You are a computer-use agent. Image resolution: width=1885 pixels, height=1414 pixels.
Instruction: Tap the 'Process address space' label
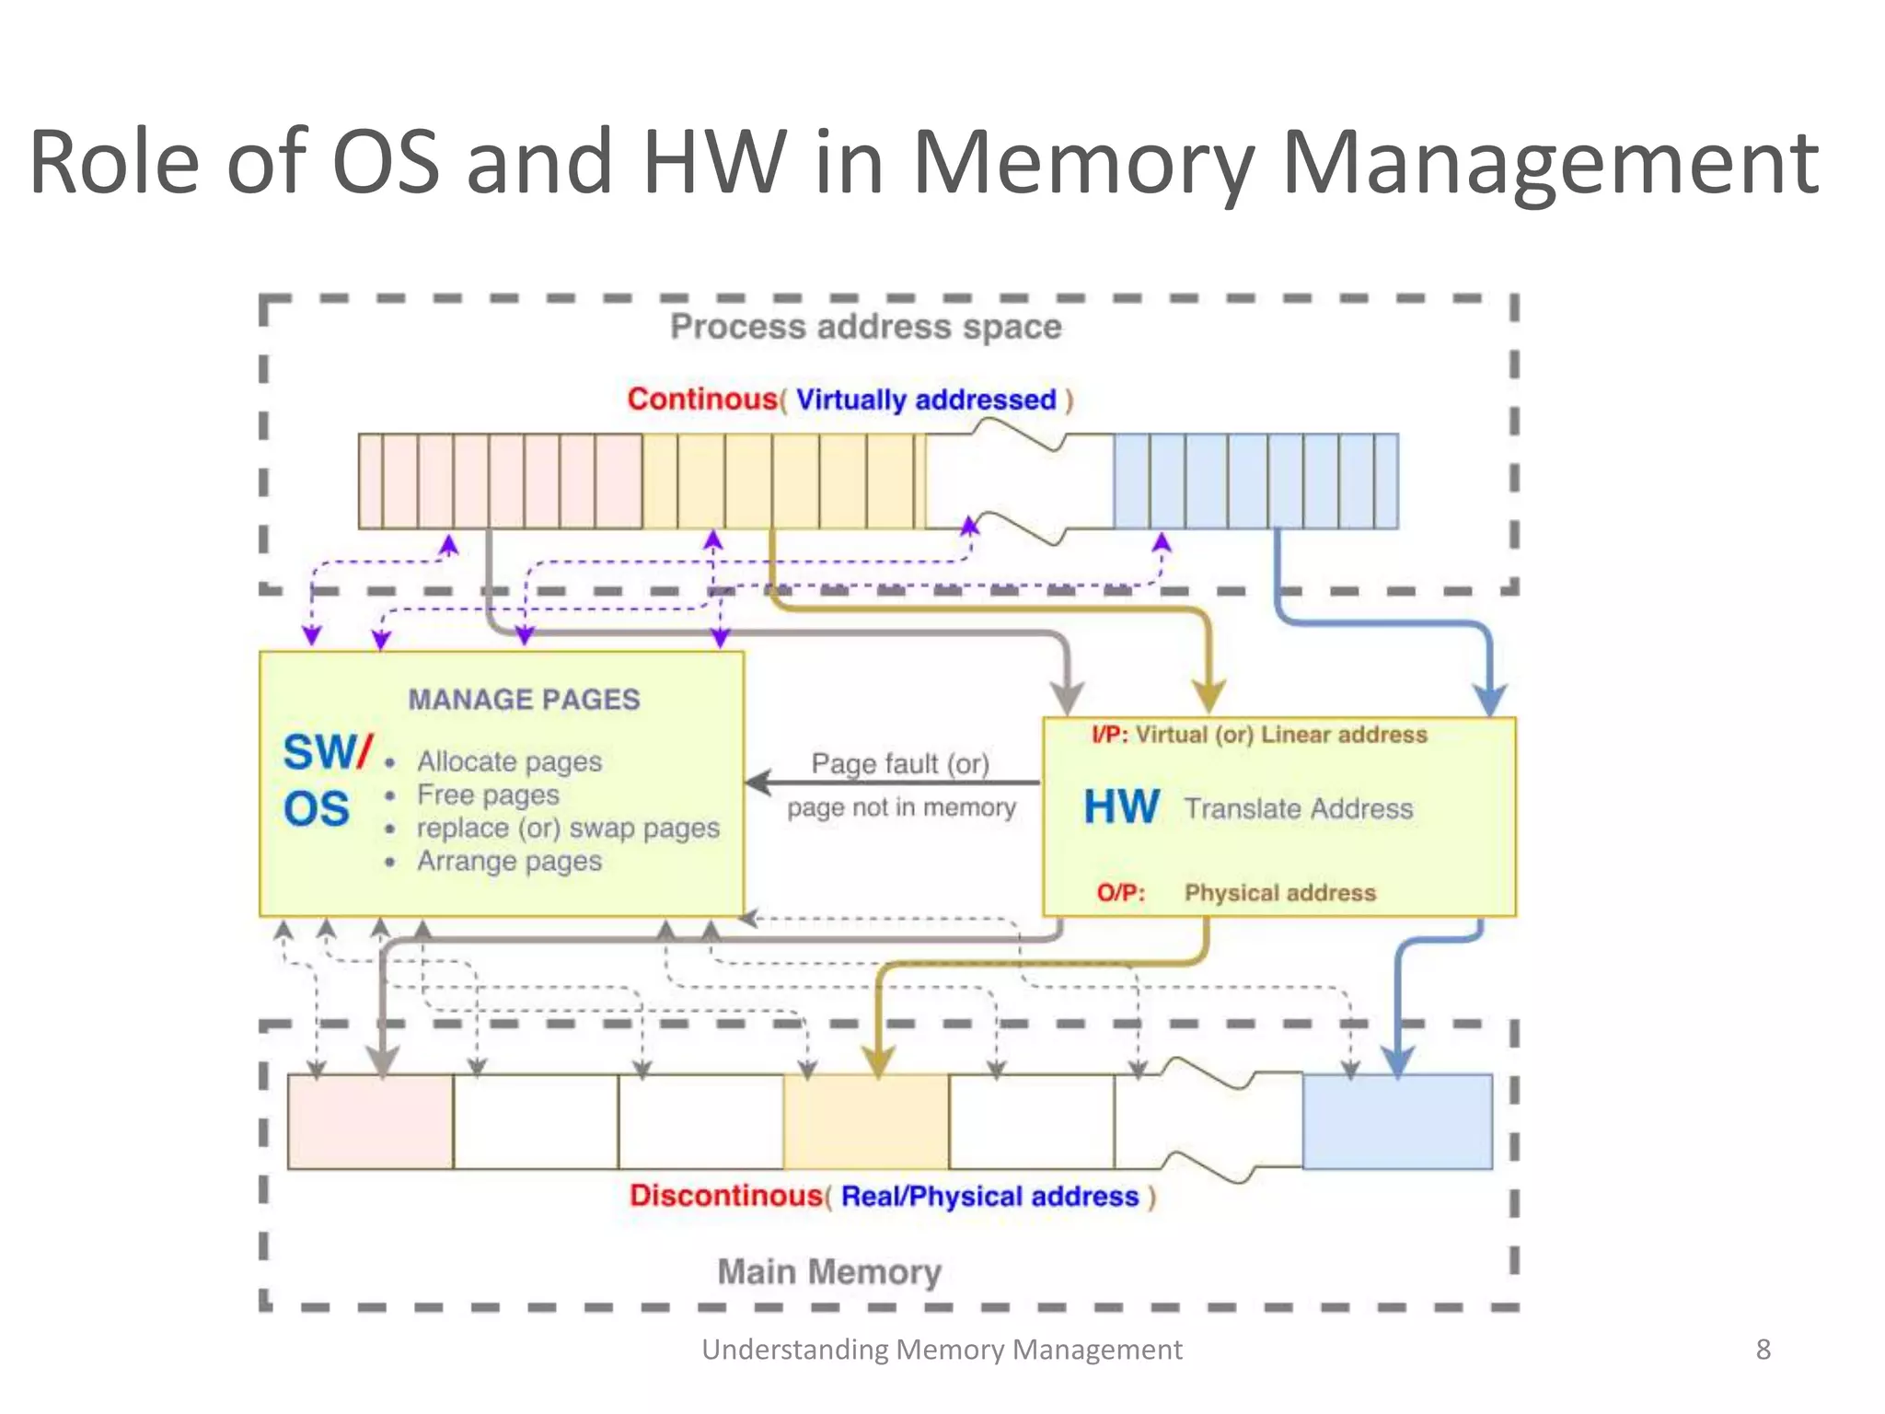click(x=865, y=327)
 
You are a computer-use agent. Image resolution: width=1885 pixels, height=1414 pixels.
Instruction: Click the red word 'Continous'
click(x=702, y=400)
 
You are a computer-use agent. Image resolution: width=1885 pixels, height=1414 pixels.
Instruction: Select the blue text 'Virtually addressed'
click(x=925, y=400)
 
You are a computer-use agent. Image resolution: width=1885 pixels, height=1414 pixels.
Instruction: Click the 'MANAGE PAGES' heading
click(x=524, y=700)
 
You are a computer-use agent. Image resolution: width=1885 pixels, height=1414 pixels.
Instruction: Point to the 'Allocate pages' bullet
click(x=509, y=762)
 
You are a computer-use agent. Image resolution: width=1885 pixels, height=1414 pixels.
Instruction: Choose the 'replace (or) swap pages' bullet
click(x=567, y=829)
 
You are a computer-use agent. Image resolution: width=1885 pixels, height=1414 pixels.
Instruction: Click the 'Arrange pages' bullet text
click(x=509, y=862)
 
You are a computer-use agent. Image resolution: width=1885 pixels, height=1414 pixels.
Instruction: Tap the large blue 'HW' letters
click(x=1121, y=807)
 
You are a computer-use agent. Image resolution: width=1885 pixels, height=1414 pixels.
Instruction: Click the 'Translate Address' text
click(x=1298, y=808)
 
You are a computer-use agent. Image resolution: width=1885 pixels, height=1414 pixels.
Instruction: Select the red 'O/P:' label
click(x=1120, y=893)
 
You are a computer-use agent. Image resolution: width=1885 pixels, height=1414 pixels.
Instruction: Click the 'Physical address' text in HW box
click(x=1279, y=893)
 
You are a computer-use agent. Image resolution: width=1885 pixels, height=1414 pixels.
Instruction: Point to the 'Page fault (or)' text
click(x=899, y=764)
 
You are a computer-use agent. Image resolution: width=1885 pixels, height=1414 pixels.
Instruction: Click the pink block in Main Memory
click(x=370, y=1121)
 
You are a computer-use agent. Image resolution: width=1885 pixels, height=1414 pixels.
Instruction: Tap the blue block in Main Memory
click(x=1396, y=1121)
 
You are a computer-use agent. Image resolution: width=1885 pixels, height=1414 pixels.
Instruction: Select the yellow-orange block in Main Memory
click(x=865, y=1121)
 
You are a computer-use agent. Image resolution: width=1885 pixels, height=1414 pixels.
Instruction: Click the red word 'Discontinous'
click(x=725, y=1196)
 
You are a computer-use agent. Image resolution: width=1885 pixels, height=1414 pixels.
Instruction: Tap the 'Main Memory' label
click(x=828, y=1272)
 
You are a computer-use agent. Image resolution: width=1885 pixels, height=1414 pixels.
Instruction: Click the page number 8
click(x=1763, y=1350)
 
